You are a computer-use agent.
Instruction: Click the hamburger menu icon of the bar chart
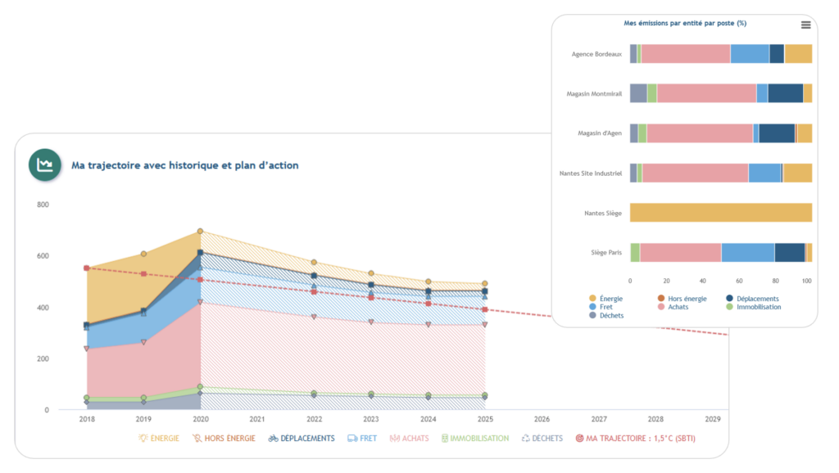805,25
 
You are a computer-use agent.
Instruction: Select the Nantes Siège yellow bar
720,214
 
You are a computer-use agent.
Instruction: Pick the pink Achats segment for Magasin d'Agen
699,133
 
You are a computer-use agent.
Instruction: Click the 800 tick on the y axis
43,205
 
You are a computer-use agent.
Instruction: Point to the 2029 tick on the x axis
713,419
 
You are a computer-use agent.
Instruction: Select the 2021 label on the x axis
257,419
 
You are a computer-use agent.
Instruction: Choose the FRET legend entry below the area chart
362,439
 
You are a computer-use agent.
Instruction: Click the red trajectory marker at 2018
86,268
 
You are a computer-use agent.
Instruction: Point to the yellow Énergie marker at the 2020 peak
200,232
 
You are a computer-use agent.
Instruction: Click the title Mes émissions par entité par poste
685,24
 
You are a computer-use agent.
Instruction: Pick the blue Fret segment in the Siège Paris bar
747,253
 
